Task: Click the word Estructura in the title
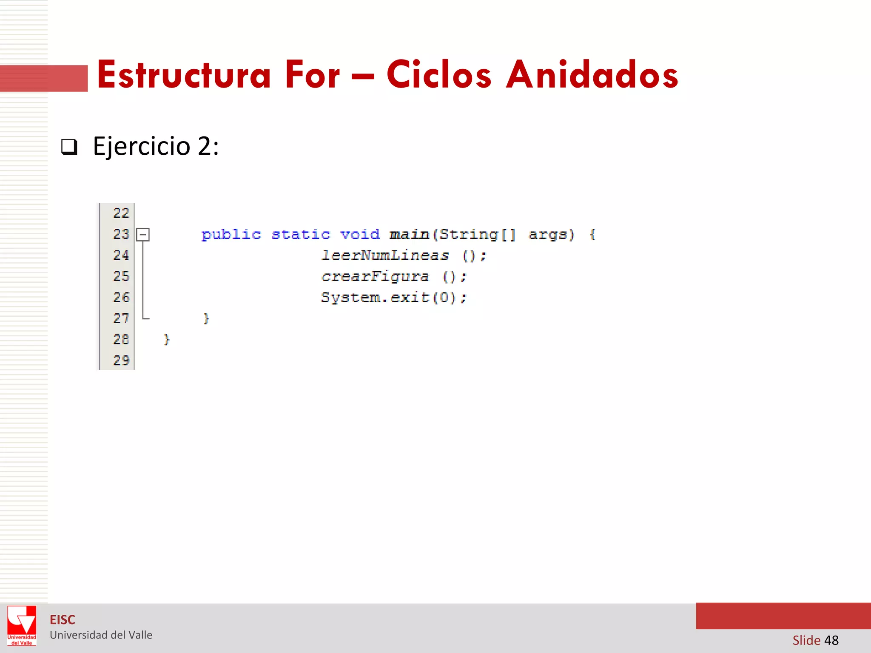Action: [184, 75]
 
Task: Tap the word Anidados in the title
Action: [592, 75]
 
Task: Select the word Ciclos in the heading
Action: [439, 75]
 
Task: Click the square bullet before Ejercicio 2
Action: [69, 147]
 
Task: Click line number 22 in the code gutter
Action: [121, 213]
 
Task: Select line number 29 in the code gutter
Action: [121, 361]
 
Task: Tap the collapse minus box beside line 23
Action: [143, 234]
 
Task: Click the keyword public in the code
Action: [231, 235]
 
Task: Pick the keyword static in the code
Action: [301, 235]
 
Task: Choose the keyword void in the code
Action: [360, 235]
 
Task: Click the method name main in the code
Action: [409, 235]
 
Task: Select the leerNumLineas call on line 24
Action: [385, 256]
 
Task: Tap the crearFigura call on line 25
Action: [375, 277]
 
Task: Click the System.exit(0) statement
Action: [393, 298]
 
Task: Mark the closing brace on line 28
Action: [167, 340]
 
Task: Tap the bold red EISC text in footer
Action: [63, 620]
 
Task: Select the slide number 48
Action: [831, 640]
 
